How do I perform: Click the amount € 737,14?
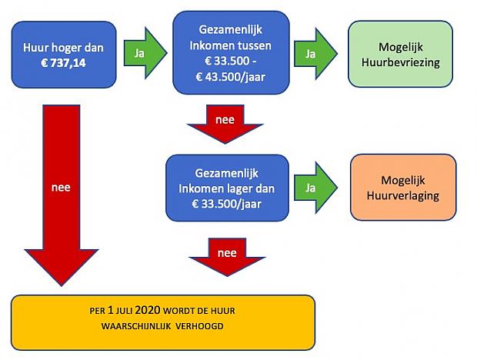[63, 63]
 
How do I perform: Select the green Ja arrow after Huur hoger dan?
[145, 53]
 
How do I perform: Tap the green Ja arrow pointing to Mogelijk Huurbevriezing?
[315, 54]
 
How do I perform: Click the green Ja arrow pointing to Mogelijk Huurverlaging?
[315, 188]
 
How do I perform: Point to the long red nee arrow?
[62, 195]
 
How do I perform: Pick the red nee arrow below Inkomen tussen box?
[225, 124]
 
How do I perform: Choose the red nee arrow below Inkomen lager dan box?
[227, 257]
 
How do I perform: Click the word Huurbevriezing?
[401, 62]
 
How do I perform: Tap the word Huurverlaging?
[403, 195]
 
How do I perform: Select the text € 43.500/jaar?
[231, 77]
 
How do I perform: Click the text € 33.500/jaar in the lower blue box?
[227, 204]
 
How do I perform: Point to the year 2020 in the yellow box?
[148, 310]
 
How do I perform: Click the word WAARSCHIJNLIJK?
[136, 326]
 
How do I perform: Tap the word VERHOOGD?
[199, 326]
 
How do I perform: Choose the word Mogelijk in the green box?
[401, 47]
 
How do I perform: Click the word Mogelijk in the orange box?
[403, 180]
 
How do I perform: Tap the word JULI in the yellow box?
[124, 311]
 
